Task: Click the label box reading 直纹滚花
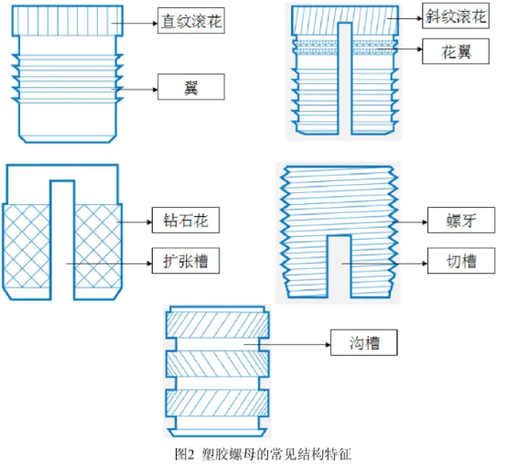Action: pos(191,21)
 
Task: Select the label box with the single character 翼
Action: pos(191,87)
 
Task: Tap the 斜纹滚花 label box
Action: pos(456,16)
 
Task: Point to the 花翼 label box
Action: pos(456,51)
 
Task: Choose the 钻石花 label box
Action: pos(186,220)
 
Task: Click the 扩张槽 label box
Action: pos(186,261)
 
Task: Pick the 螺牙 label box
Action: pos(461,220)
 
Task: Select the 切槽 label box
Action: pos(461,261)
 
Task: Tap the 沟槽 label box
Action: pos(364,342)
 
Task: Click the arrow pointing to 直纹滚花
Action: pos(135,23)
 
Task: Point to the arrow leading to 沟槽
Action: pos(287,344)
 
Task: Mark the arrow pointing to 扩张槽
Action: pos(109,264)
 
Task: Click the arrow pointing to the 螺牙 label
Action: pos(409,222)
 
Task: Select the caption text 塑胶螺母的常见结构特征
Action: pos(276,454)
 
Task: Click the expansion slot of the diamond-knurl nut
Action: pos(62,241)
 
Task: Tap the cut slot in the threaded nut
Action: pos(339,266)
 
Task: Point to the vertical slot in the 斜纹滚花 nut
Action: pos(345,79)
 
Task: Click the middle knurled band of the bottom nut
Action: pos(217,364)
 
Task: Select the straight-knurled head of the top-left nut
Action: pos(68,21)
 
